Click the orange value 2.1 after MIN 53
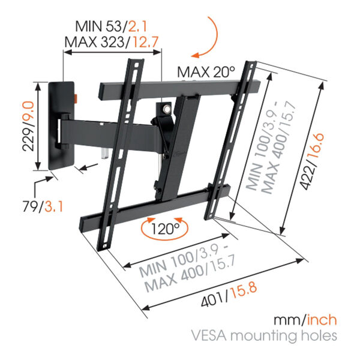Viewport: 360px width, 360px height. coord(137,26)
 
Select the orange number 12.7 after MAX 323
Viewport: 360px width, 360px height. coord(146,42)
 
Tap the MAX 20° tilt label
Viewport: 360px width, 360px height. coord(206,73)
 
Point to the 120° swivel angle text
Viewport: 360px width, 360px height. coord(165,229)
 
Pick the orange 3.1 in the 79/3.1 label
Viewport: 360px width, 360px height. coord(53,206)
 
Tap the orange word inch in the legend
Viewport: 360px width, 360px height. coord(322,320)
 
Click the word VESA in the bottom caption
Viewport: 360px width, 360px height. coord(209,335)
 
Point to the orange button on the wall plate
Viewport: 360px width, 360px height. coord(76,98)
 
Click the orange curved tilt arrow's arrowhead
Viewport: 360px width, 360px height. coord(195,55)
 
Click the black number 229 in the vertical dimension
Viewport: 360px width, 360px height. coord(29,139)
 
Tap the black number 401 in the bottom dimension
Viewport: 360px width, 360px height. coord(212,301)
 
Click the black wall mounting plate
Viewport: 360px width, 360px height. coord(61,126)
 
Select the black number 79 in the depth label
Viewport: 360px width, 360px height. coord(30,206)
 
